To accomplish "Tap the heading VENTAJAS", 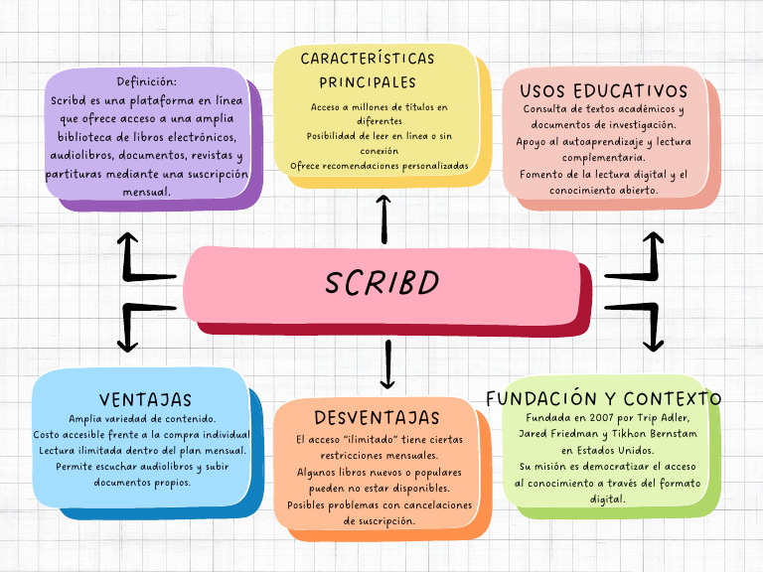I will pos(145,399).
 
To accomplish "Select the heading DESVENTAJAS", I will pos(377,417).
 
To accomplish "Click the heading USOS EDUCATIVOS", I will pos(603,90).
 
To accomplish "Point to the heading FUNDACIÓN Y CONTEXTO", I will pos(604,398).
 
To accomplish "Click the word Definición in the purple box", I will pos(147,81).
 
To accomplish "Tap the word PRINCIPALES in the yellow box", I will pos(368,82).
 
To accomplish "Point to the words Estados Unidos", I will pos(617,450).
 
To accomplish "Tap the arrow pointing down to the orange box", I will pos(387,365).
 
